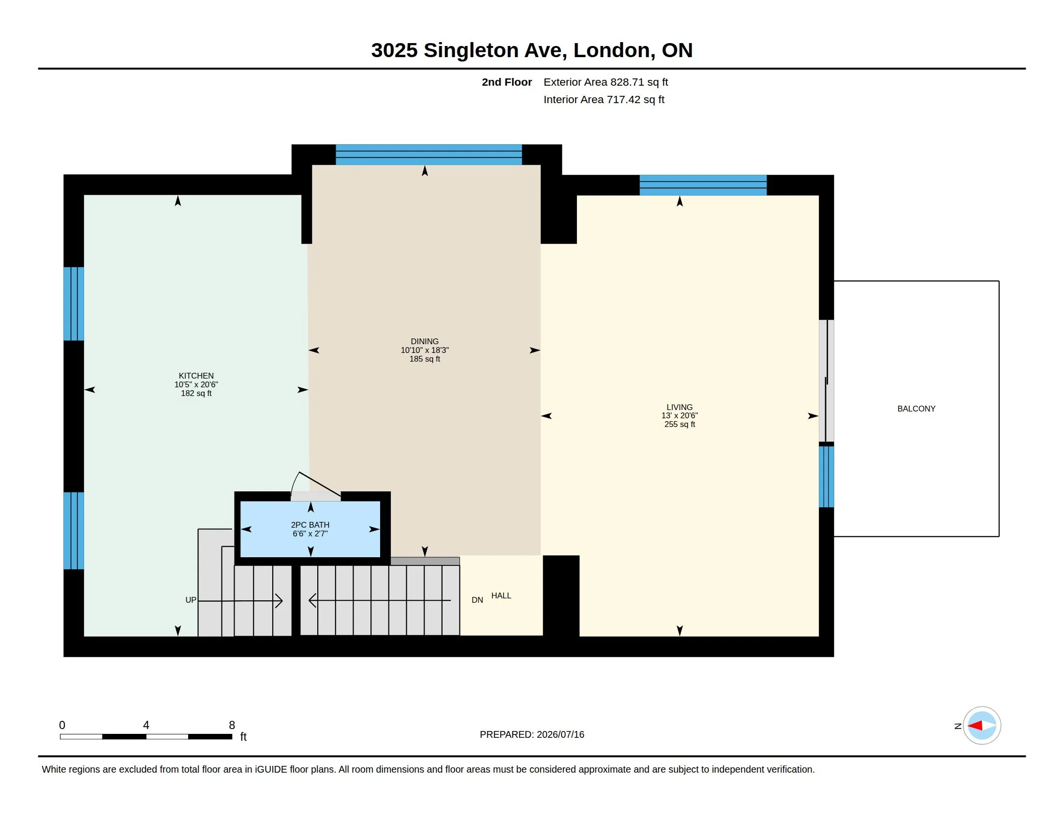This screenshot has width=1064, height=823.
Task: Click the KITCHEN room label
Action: coord(196,375)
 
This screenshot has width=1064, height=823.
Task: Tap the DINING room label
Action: coord(424,341)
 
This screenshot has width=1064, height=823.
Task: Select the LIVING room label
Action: coord(679,407)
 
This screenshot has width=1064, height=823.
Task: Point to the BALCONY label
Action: coord(916,409)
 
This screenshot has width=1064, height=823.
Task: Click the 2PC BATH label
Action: coord(310,525)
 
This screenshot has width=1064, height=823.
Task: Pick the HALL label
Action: coord(501,595)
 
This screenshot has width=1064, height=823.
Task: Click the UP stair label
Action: coord(191,600)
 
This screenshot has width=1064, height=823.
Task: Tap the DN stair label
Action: coord(477,600)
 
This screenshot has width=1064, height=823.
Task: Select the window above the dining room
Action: coord(429,154)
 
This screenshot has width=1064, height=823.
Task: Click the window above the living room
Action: coord(703,185)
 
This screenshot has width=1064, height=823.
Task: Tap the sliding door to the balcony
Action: coord(826,381)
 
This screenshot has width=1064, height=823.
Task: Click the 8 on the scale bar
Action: coord(232,725)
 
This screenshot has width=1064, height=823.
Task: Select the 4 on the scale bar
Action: coord(146,725)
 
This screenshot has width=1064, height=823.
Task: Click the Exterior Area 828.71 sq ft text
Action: coord(606,82)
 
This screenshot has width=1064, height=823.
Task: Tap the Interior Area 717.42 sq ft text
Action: coord(604,99)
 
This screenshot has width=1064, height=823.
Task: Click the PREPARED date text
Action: coord(532,734)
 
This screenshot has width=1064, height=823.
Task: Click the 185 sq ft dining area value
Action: coord(424,359)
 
